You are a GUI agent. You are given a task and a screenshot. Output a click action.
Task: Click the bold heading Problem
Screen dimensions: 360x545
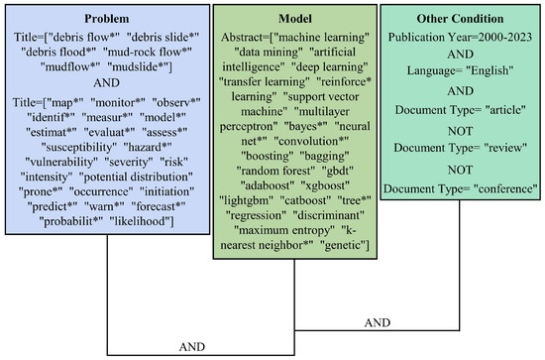105,18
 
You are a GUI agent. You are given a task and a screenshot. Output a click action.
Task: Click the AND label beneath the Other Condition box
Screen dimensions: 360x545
378,324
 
